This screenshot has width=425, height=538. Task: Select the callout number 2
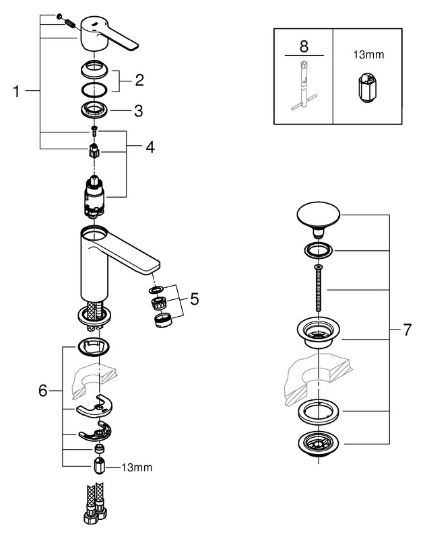click(139, 81)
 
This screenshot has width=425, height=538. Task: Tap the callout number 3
click(138, 111)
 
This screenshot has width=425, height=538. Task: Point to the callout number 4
click(150, 146)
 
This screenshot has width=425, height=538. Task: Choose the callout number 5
click(194, 299)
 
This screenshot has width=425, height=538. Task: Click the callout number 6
click(43, 391)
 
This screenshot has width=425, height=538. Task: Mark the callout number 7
click(406, 330)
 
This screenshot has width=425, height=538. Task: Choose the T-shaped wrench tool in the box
click(302, 87)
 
